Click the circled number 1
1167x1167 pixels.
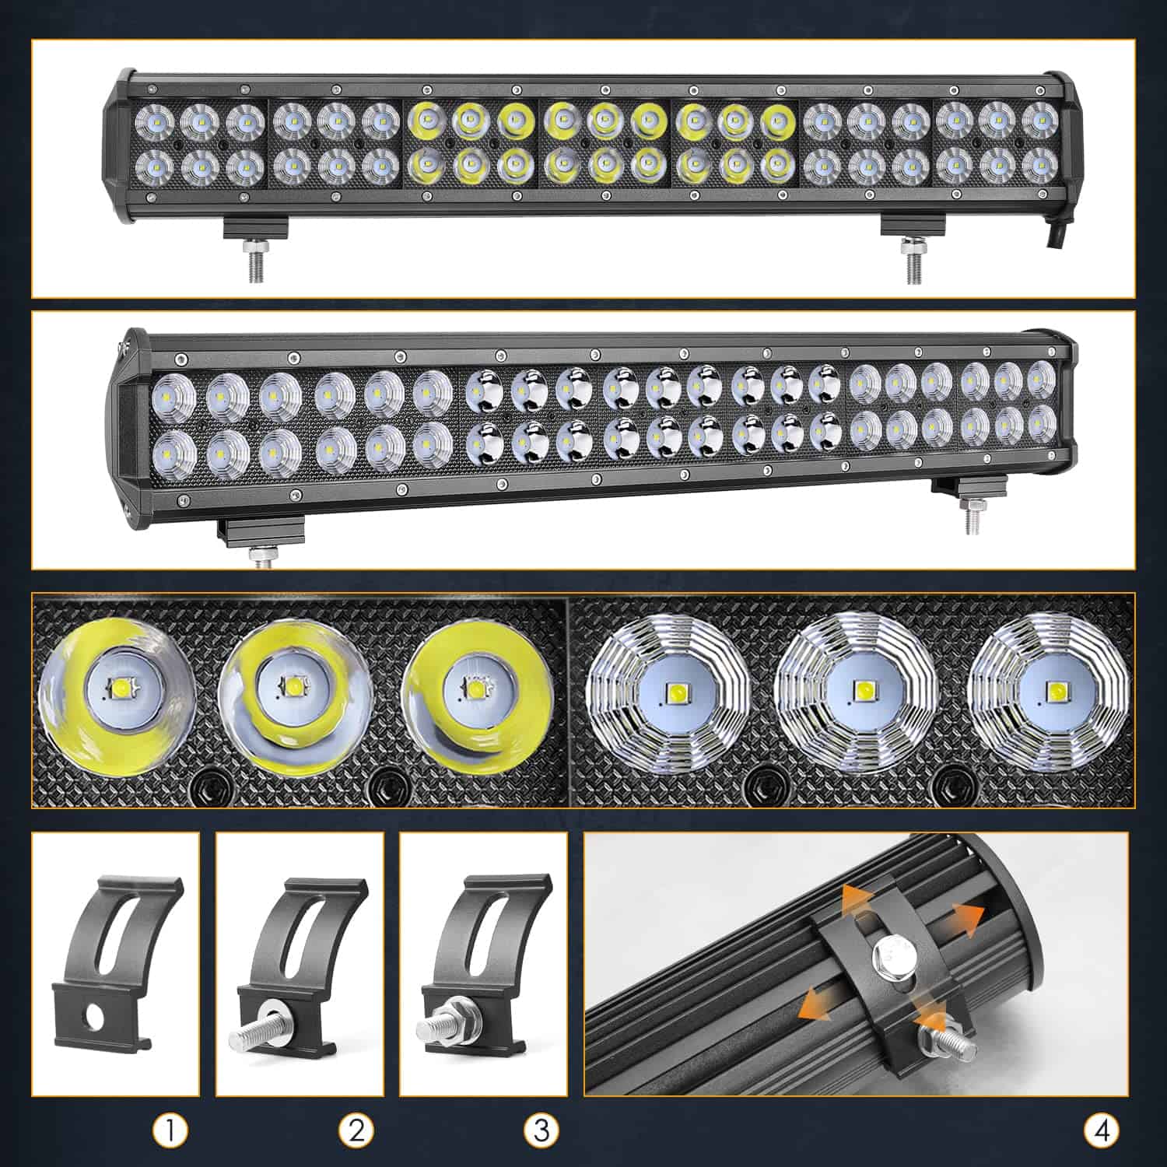coord(171,1130)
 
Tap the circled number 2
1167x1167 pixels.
coord(356,1130)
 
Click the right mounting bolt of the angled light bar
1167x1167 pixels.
coord(971,517)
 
